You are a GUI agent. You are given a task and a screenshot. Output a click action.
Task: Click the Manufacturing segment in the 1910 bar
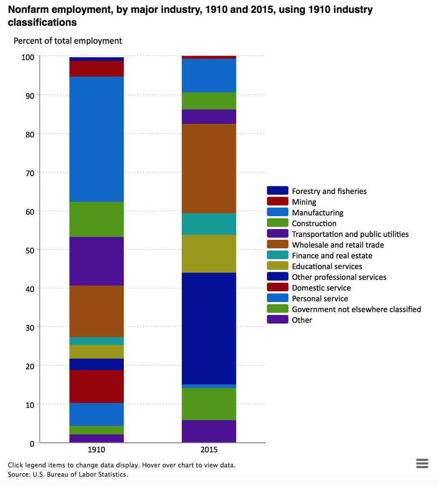(x=96, y=139)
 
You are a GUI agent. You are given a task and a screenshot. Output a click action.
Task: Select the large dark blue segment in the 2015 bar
(x=209, y=328)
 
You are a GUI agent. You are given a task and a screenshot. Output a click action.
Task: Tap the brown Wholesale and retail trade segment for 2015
(x=209, y=168)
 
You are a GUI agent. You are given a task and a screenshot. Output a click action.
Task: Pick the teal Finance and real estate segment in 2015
(x=209, y=224)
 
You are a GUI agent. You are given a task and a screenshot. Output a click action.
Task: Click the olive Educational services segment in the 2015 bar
(x=209, y=254)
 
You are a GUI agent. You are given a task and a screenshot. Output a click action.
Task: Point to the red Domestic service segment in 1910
(x=96, y=386)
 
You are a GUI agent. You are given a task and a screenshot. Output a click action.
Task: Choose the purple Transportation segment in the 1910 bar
(x=96, y=261)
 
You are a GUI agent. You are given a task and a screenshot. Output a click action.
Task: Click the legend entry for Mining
(x=304, y=202)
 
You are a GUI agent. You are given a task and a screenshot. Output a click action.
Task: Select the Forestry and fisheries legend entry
(x=329, y=191)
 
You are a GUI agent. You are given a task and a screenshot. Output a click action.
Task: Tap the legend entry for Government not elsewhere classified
(x=356, y=309)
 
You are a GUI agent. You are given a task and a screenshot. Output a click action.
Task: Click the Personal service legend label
(x=320, y=298)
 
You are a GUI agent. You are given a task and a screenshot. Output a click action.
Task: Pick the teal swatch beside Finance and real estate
(x=278, y=255)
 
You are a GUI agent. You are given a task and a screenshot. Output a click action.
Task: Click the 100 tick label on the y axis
(x=27, y=57)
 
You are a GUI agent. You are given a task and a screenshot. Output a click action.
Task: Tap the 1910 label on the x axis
(x=96, y=450)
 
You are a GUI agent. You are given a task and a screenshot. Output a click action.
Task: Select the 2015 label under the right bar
(x=209, y=450)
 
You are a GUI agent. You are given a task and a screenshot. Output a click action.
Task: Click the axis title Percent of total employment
(x=68, y=41)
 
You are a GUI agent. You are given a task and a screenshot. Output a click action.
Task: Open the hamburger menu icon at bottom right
(x=422, y=463)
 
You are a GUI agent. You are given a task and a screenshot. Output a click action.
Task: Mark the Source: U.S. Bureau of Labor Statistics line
(x=68, y=474)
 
